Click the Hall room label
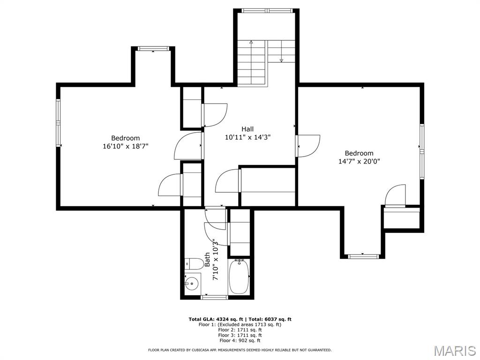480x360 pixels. coord(247,129)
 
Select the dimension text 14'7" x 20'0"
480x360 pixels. coord(359,161)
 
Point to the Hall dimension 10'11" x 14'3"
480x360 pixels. coord(247,137)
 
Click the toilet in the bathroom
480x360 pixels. coord(193,264)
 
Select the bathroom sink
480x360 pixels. coord(192,284)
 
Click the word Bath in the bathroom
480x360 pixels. coord(207,260)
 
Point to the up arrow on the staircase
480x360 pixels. coord(251,43)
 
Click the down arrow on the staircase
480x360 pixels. coord(281,60)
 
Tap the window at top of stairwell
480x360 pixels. coord(267,10)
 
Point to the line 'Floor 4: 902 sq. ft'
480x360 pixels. coord(240,341)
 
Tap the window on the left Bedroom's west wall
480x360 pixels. coord(59,123)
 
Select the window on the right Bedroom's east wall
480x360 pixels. coord(421,152)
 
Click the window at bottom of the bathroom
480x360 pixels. coord(214,297)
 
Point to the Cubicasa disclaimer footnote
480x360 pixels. coord(240,350)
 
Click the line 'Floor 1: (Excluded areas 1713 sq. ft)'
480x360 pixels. coord(240,324)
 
